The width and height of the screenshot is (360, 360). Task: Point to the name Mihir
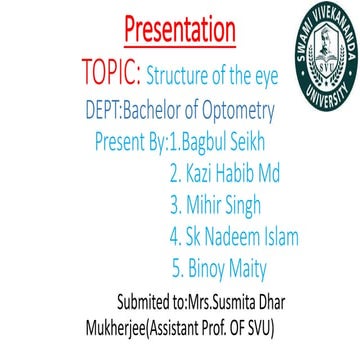pos(205,206)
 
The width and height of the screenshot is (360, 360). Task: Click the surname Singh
pos(251,207)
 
